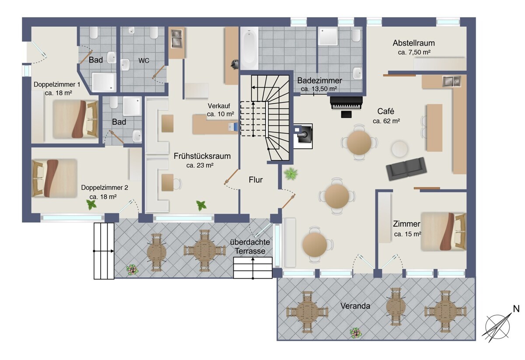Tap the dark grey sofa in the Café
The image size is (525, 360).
click(x=406, y=169)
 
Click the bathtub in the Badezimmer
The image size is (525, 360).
click(x=249, y=48)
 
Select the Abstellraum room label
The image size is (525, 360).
click(x=414, y=43)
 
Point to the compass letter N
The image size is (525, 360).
click(x=516, y=309)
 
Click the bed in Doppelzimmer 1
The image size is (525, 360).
click(x=75, y=119)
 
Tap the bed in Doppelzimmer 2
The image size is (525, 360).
click(x=54, y=178)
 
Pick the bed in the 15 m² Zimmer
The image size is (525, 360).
click(x=444, y=231)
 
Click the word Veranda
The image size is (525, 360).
click(x=355, y=306)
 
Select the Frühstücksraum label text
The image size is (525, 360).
click(x=202, y=156)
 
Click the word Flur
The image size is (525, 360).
click(x=255, y=180)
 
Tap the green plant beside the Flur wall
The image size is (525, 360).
click(x=290, y=174)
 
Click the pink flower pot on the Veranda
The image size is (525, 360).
click(x=356, y=333)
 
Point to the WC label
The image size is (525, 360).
click(x=143, y=60)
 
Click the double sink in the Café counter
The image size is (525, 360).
click(x=451, y=81)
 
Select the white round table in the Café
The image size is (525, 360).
click(x=399, y=149)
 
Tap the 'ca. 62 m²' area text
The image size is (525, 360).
click(x=386, y=121)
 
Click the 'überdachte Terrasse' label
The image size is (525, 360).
click(x=250, y=247)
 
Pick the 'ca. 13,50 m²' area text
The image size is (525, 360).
click(x=319, y=89)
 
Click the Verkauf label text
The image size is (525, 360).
click(x=219, y=106)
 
